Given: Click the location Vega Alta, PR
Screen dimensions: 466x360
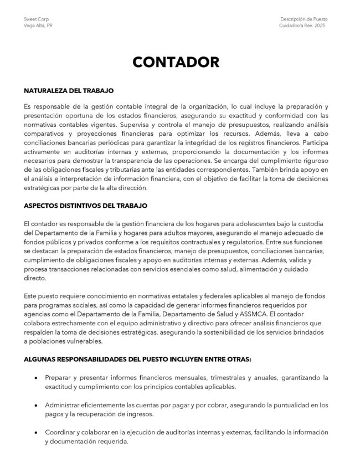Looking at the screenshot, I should click(x=35, y=25).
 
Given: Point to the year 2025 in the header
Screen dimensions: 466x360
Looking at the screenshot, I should click(x=330, y=25).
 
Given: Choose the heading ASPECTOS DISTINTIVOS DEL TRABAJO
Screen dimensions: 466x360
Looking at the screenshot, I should click(x=86, y=205).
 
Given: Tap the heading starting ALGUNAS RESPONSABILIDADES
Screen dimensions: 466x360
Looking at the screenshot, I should click(x=137, y=359).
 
